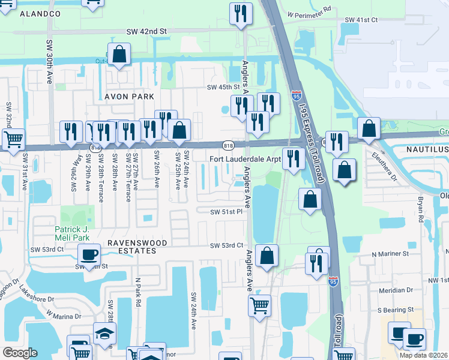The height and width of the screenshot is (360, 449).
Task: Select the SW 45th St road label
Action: (x=228, y=87)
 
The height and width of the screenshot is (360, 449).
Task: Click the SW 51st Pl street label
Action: (x=226, y=212)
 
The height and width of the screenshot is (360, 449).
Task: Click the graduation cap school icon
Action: (x=104, y=333)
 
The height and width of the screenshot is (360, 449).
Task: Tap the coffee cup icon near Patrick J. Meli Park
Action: (x=89, y=254)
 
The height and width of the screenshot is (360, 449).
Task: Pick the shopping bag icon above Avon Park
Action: (x=120, y=54)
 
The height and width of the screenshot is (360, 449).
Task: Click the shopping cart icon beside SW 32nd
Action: (x=13, y=139)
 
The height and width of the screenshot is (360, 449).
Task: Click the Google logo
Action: (x=20, y=353)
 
